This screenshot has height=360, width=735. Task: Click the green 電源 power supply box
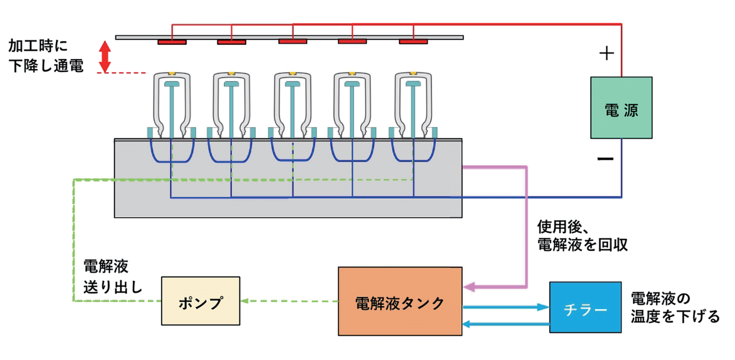pos(621,108)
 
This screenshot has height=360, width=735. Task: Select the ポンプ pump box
pos(201,300)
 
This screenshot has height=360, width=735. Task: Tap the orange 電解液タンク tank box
pos(400,302)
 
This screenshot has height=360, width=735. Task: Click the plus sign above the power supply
pos(606,54)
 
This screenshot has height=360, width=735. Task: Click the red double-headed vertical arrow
pos(104,57)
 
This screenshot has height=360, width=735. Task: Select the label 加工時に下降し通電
pos(46,57)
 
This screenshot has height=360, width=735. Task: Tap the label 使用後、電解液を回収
pos(582,235)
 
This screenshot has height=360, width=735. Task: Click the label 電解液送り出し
pos(112,277)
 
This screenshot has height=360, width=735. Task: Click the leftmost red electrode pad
pos(172,42)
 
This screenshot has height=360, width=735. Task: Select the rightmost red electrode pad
pos(413,42)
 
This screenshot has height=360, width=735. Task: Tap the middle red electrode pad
pos(293,41)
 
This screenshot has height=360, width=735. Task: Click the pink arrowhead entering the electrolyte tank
pos(470,288)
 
